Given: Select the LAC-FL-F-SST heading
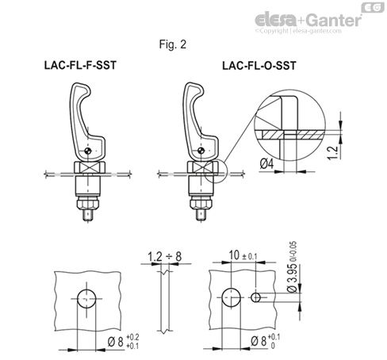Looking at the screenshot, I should [x=81, y=67].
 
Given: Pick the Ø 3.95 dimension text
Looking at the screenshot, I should [x=294, y=279].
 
